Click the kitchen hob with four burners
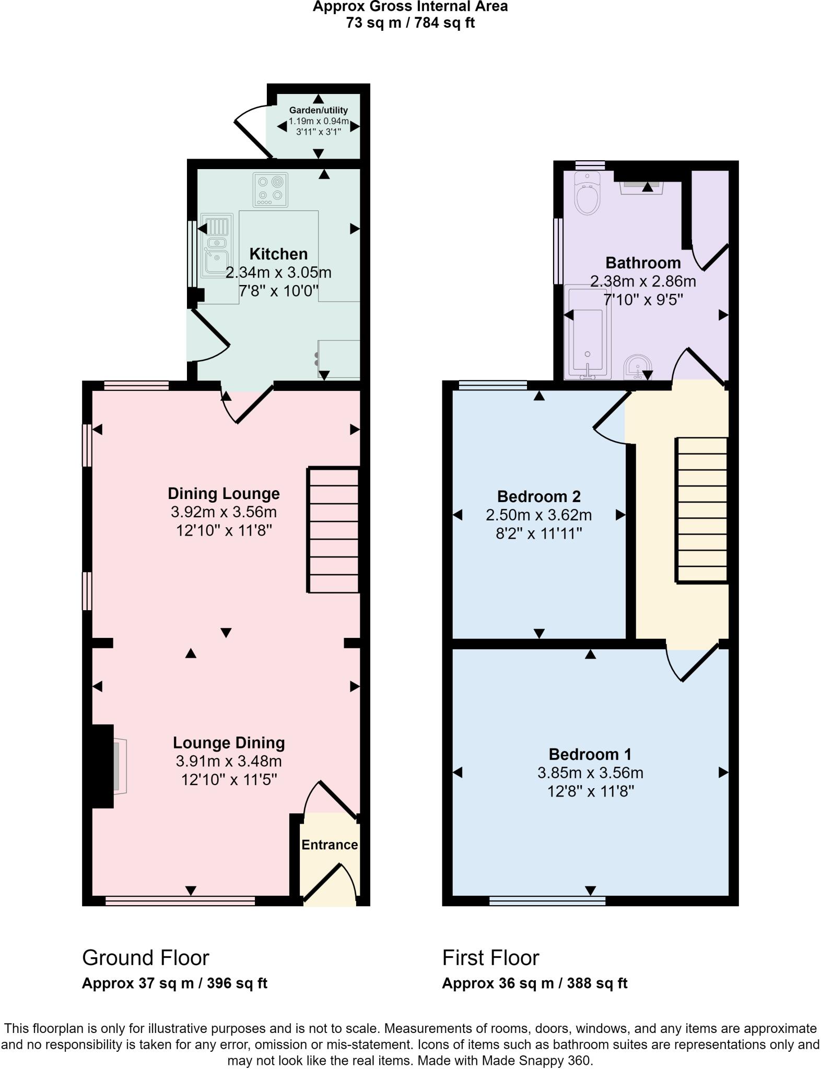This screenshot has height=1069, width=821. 271,189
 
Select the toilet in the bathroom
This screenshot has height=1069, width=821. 588,194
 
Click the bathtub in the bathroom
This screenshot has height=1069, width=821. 588,331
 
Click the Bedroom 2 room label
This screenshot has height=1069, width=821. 538,496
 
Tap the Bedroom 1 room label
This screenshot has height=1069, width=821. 590,754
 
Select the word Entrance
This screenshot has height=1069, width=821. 330,844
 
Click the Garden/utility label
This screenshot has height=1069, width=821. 318,110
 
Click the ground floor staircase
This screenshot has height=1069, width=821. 333,530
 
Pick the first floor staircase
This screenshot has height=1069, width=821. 701,509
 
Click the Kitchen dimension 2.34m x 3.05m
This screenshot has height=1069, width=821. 278,272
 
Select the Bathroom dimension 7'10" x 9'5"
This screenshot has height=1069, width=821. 643,300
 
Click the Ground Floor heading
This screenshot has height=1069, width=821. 145,958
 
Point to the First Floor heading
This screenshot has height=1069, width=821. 490,958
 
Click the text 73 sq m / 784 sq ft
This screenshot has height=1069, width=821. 410,23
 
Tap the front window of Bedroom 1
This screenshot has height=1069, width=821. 547,900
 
